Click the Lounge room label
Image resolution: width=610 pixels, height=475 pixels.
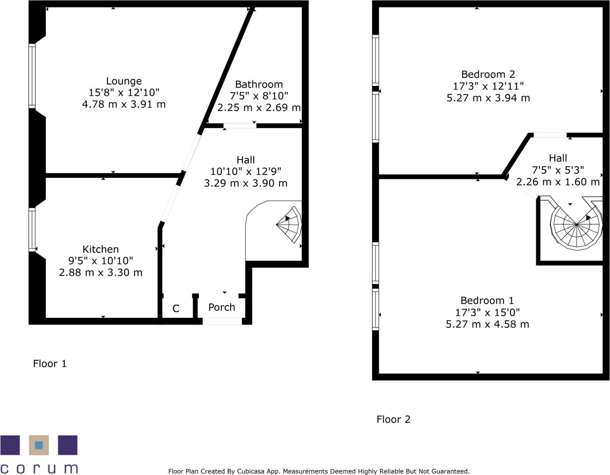(x=124, y=81)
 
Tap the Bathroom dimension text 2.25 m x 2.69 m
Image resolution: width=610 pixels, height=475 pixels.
(x=259, y=108)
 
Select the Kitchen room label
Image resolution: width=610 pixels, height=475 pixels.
(x=100, y=249)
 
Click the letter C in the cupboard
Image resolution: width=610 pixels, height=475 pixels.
(x=176, y=308)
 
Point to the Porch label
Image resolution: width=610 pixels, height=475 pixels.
(x=222, y=307)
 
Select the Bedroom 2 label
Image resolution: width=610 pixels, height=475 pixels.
(x=488, y=74)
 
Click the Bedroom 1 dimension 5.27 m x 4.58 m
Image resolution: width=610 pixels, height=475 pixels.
(x=487, y=324)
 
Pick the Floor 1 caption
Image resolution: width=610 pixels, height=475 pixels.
(x=50, y=364)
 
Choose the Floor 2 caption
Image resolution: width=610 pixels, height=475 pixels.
(x=393, y=419)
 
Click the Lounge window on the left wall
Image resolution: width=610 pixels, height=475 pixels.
(x=32, y=76)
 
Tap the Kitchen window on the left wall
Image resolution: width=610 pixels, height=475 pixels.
(x=32, y=230)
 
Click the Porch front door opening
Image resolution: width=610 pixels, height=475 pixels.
(x=222, y=321)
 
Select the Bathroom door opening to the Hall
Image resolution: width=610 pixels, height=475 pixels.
(x=240, y=126)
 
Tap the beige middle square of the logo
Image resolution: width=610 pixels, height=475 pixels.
(x=39, y=445)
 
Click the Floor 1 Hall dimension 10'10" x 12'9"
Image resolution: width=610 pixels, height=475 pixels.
(x=245, y=171)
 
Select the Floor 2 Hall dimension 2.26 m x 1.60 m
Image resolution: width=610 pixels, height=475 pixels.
(x=558, y=182)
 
